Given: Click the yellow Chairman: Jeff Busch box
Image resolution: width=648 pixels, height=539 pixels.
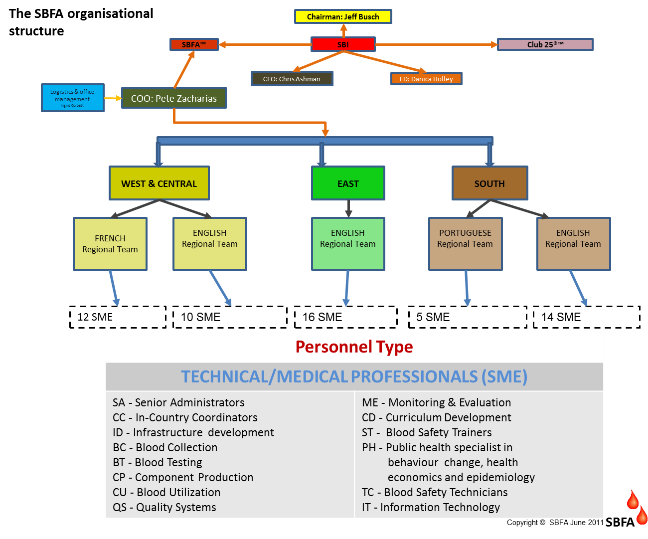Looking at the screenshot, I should click(x=343, y=16).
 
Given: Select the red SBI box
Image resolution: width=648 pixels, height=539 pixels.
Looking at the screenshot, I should click(x=343, y=44).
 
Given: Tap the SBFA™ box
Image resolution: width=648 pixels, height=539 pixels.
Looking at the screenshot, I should click(x=194, y=44).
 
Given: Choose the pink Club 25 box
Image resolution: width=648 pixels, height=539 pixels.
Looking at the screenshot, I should click(x=545, y=44).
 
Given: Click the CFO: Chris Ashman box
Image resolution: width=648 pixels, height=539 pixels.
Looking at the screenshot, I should click(x=292, y=79).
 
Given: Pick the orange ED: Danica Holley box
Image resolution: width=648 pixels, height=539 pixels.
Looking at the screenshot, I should click(x=426, y=79).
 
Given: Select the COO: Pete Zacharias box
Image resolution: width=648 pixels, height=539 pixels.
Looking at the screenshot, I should click(x=174, y=98).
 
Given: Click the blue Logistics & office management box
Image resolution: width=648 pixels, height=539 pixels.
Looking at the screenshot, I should click(x=72, y=98).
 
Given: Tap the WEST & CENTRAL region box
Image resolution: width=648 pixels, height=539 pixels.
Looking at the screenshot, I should click(x=159, y=183).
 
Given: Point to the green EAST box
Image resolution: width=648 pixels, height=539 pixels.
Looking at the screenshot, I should click(x=348, y=183).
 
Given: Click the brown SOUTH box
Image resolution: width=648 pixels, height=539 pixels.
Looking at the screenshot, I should click(x=489, y=183).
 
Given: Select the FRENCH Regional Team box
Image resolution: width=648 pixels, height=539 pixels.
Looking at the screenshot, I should click(x=110, y=244).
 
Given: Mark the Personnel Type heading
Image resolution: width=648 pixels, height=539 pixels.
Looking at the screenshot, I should click(x=354, y=347).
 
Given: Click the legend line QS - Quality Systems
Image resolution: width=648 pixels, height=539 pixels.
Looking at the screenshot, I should click(x=164, y=507).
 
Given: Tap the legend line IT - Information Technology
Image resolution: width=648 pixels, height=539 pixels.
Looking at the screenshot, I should click(x=431, y=507).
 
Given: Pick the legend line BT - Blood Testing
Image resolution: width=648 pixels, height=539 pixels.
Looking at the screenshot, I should click(x=158, y=462).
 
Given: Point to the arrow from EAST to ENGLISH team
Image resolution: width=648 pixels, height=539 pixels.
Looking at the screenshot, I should click(x=348, y=208).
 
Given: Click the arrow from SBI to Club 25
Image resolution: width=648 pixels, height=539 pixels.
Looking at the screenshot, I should click(x=436, y=44).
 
